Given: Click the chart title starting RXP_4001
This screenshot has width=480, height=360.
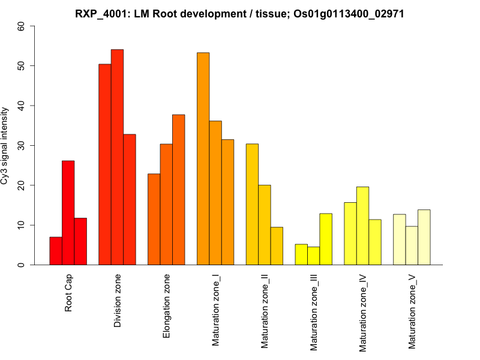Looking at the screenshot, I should [x=240, y=13].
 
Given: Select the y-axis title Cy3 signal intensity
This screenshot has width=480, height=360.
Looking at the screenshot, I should [x=5, y=145].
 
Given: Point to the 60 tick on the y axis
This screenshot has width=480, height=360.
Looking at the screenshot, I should [x=22, y=26].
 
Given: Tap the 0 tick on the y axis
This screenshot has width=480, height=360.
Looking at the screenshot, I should [x=22, y=265].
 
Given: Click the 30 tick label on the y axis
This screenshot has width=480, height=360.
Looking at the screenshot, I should [x=22, y=145].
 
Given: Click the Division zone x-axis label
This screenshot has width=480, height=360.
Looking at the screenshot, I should [x=118, y=301].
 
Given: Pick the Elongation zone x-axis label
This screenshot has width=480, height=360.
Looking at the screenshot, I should [x=167, y=306].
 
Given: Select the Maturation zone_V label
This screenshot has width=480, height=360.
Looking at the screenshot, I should [x=412, y=311].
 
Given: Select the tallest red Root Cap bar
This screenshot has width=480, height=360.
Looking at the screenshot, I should [x=68, y=213].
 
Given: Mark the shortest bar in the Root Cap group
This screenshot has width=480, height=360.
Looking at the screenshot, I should [x=56, y=251].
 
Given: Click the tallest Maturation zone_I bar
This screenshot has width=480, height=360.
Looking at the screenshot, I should [x=203, y=159].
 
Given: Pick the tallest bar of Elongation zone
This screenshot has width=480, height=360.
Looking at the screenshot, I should [x=179, y=190].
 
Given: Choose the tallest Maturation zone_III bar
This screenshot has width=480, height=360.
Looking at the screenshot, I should [x=326, y=239].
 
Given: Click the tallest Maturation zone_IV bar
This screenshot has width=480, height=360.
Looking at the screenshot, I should [x=363, y=226].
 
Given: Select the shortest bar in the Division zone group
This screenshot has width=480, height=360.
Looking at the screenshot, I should [x=130, y=199].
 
